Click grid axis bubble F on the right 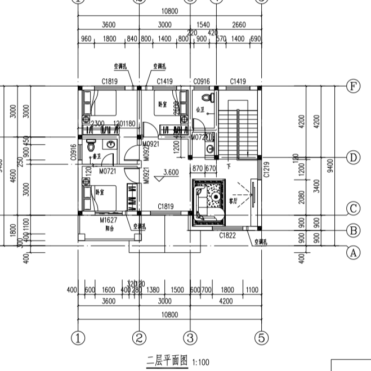coord(353,86)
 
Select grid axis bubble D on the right coord(353,157)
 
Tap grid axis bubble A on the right coord(353,253)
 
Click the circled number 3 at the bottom coord(190,338)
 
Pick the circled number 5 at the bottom coord(261,338)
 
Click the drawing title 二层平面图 coord(167,361)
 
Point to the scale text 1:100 coord(200,362)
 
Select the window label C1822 coord(227,236)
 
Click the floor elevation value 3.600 coord(171,173)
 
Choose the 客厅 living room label coord(234,199)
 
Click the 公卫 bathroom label coord(199,110)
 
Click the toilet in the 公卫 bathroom coord(209,99)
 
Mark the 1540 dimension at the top coord(203,25)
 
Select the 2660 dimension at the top coord(238,25)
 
